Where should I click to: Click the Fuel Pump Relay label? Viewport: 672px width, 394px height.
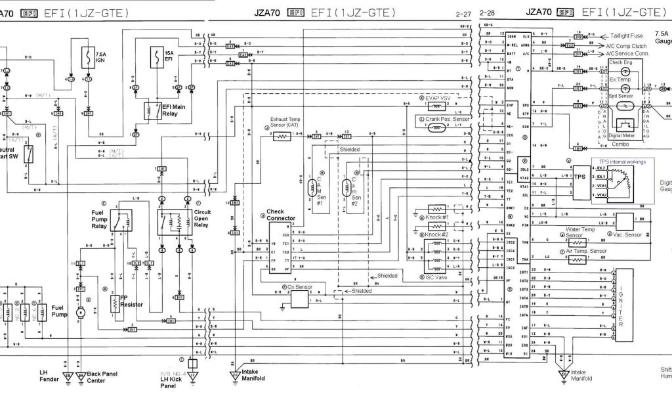point(103,219)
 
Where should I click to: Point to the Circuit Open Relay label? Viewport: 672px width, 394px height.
point(203,218)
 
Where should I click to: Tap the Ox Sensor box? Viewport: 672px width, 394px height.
point(300,299)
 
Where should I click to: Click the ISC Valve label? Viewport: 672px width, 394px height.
point(438,277)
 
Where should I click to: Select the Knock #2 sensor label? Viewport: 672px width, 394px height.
point(436,234)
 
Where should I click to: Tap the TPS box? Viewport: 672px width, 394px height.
point(580,177)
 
